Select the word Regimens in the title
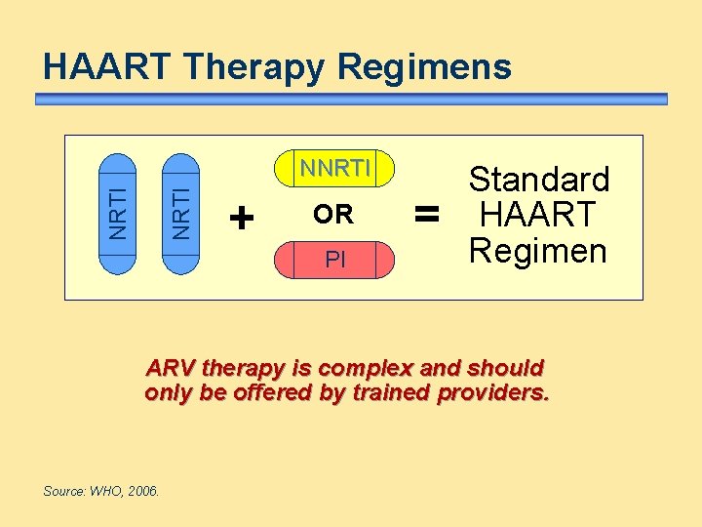click(424, 67)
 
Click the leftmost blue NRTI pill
click(117, 212)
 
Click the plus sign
click(240, 216)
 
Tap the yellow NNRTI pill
click(334, 169)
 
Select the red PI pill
click(334, 261)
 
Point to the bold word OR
click(333, 214)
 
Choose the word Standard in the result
click(539, 180)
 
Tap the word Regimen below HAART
click(537, 251)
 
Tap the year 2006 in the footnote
click(144, 491)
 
